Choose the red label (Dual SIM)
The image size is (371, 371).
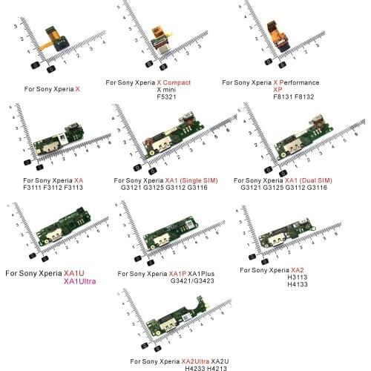tap(316, 180)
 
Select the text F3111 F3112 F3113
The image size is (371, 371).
tap(49, 188)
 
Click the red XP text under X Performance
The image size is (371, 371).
tap(278, 89)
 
